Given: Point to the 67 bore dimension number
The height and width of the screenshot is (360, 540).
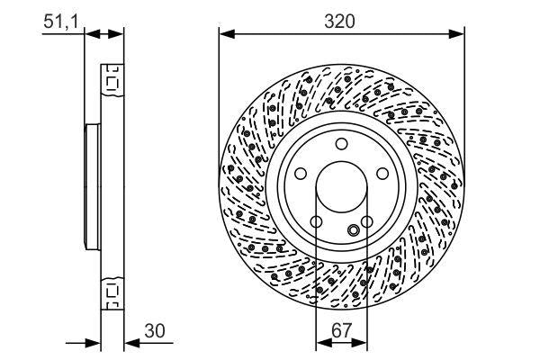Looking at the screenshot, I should point(342,331).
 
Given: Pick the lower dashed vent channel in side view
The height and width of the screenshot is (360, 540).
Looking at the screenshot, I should point(112,292).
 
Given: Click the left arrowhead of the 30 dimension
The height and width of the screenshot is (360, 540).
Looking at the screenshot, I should point(94,342).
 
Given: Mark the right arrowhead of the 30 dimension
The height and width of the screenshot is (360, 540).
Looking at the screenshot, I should point(128,342).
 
